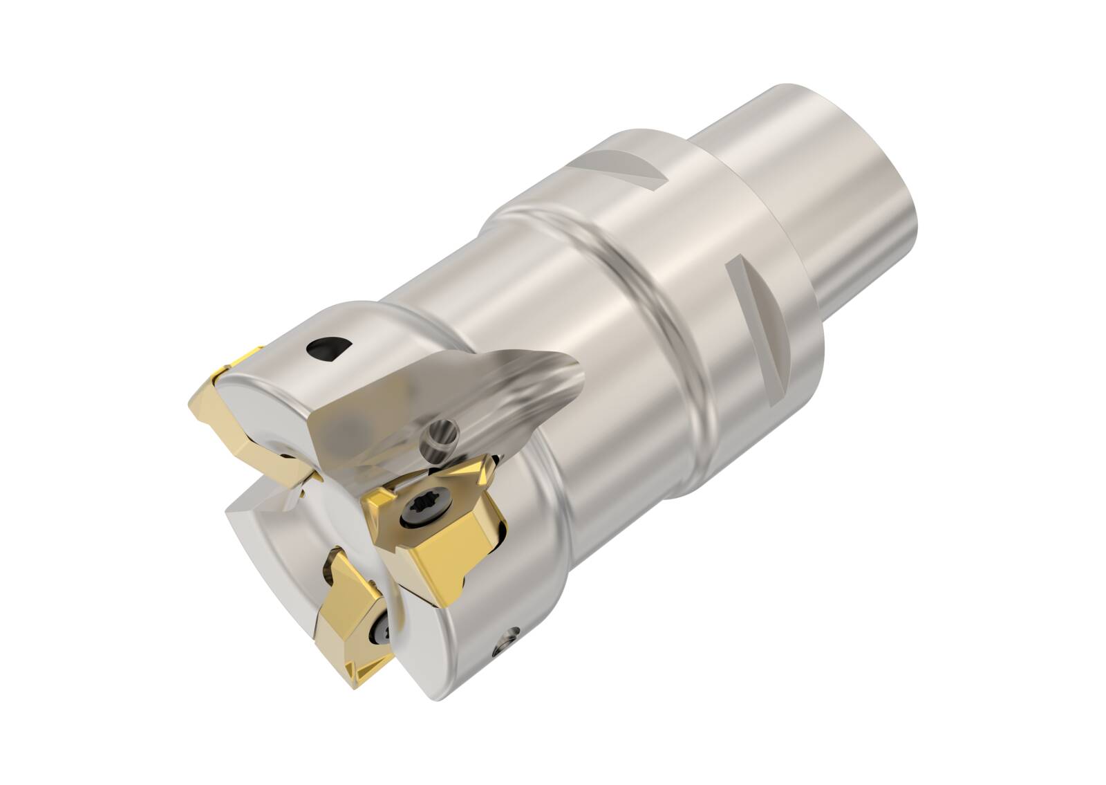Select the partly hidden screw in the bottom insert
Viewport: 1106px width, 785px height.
pos(383,612)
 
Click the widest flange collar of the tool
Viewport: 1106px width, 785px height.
pos(705,228)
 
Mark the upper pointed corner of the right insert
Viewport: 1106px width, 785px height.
pos(495,461)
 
